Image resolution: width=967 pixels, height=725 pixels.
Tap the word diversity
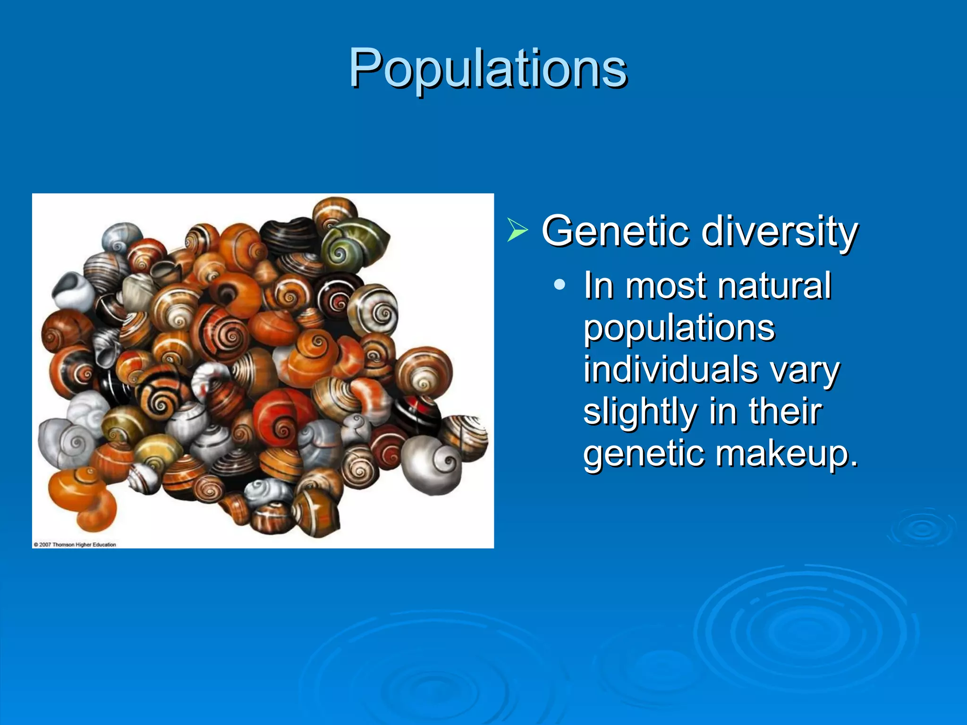point(779,231)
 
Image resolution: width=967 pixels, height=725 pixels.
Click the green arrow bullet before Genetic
point(517,230)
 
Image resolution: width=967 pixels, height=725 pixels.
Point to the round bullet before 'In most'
point(560,285)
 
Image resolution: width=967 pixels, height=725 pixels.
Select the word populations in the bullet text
point(679,328)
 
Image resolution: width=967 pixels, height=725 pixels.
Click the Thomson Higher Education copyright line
point(75,544)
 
